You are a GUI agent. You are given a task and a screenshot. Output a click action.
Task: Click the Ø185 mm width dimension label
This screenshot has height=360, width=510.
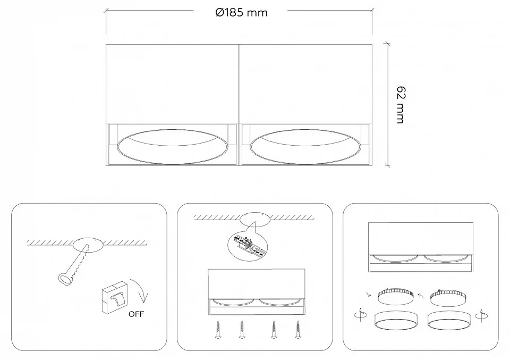pos(241,13)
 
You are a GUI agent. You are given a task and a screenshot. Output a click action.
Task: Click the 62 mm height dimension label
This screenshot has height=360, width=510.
pos(401,105)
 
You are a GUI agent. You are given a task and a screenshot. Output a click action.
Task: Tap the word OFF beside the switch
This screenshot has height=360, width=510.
pos(136,314)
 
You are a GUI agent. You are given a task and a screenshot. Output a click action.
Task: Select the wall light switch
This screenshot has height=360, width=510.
pos(115,297)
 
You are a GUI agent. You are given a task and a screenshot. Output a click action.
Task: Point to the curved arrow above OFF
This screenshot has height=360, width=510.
pos(141,289)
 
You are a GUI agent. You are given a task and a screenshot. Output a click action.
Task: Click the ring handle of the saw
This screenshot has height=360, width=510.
pos(64,279)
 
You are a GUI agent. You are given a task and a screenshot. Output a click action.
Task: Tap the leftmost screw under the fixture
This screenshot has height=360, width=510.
pos(218,329)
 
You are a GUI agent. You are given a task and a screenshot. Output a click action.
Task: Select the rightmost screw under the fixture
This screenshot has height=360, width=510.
pos(297,329)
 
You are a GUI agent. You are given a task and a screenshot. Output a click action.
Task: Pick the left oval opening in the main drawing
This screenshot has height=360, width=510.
pos(172,147)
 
